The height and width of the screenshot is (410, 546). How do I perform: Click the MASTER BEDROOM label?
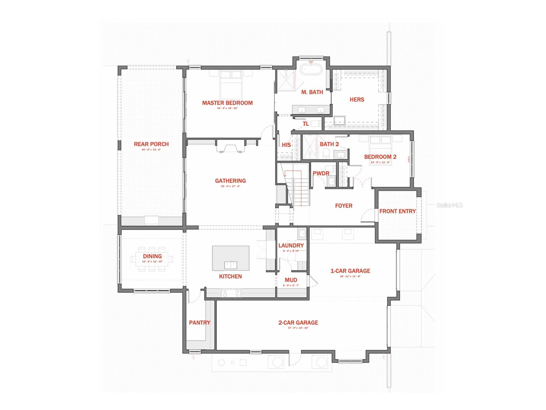coord(227,103)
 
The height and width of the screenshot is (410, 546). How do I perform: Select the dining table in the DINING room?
coord(152,259)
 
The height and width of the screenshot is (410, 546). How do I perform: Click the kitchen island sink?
coord(230,265)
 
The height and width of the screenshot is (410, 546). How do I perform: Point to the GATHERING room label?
coord(230,181)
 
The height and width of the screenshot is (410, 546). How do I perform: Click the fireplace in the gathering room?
coord(230,148)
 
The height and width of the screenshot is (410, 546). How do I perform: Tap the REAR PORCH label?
coord(151,144)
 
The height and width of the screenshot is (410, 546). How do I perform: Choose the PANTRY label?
coord(199,323)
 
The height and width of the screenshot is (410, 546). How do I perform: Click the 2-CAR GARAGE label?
coord(298,323)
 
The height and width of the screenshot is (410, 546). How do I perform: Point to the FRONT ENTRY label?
coord(397,211)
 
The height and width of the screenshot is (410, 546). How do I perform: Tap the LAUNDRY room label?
coord(291,245)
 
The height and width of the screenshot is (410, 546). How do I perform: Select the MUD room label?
coord(291,280)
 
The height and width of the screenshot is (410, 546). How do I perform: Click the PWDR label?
coord(321,173)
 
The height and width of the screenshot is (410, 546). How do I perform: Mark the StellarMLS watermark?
coord(449,205)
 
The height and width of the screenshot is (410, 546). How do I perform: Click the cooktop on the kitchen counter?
coord(231,293)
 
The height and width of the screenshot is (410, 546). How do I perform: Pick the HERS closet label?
coord(357,99)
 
